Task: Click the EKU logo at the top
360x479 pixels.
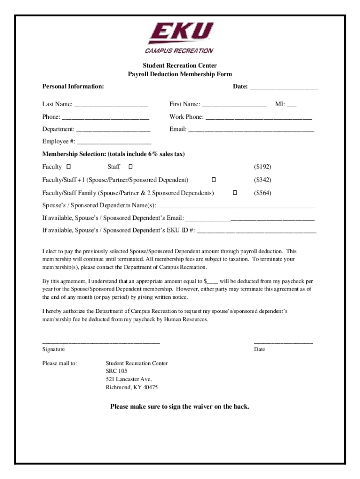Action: coord(180,38)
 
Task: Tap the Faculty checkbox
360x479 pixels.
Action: coord(68,167)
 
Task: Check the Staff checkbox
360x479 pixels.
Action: coord(130,167)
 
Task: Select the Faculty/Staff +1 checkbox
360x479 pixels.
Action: coord(214,180)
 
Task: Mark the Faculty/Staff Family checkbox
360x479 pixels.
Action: coord(235,193)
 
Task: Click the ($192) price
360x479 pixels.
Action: coord(262,167)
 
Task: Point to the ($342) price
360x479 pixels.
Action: coord(262,180)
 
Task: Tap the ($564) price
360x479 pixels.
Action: coord(262,193)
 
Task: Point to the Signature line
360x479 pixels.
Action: coord(101,343)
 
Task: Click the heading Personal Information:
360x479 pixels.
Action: coord(73,87)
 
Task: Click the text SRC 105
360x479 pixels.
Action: coord(116,371)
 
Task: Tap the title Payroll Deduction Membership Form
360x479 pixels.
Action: coord(180,74)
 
